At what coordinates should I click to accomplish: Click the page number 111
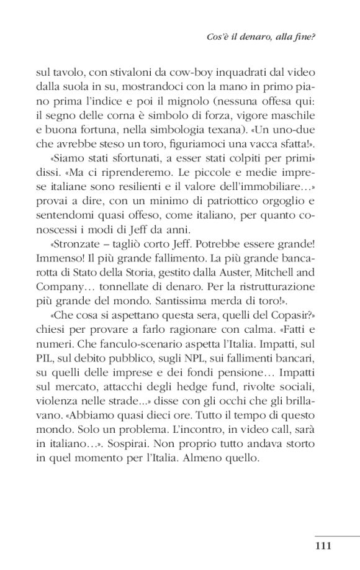(x=325, y=546)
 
